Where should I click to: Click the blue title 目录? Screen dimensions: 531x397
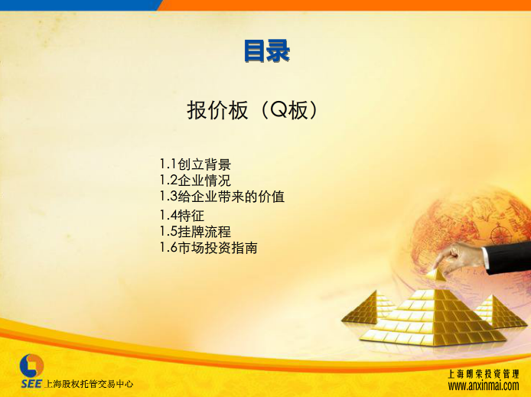(x=267, y=50)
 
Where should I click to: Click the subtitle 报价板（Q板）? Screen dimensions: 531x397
(x=252, y=110)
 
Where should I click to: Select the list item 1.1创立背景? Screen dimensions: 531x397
(x=195, y=164)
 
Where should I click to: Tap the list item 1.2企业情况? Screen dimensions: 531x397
(x=195, y=180)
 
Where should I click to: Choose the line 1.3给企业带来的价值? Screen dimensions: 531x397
(x=222, y=197)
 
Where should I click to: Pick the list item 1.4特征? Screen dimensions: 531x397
(x=182, y=215)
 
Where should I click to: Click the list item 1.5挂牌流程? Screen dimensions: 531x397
(x=195, y=232)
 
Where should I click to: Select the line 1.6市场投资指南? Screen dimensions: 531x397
(x=209, y=248)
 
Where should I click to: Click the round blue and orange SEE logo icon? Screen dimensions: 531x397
(x=31, y=366)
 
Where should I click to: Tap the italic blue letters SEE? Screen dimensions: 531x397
(x=31, y=384)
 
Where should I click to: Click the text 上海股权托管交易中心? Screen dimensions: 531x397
(x=89, y=384)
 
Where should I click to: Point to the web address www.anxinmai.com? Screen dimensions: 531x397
(x=484, y=386)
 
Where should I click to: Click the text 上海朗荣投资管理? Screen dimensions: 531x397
(x=484, y=373)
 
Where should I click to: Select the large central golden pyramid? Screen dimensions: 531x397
(x=433, y=317)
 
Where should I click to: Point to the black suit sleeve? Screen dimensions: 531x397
(x=508, y=258)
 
